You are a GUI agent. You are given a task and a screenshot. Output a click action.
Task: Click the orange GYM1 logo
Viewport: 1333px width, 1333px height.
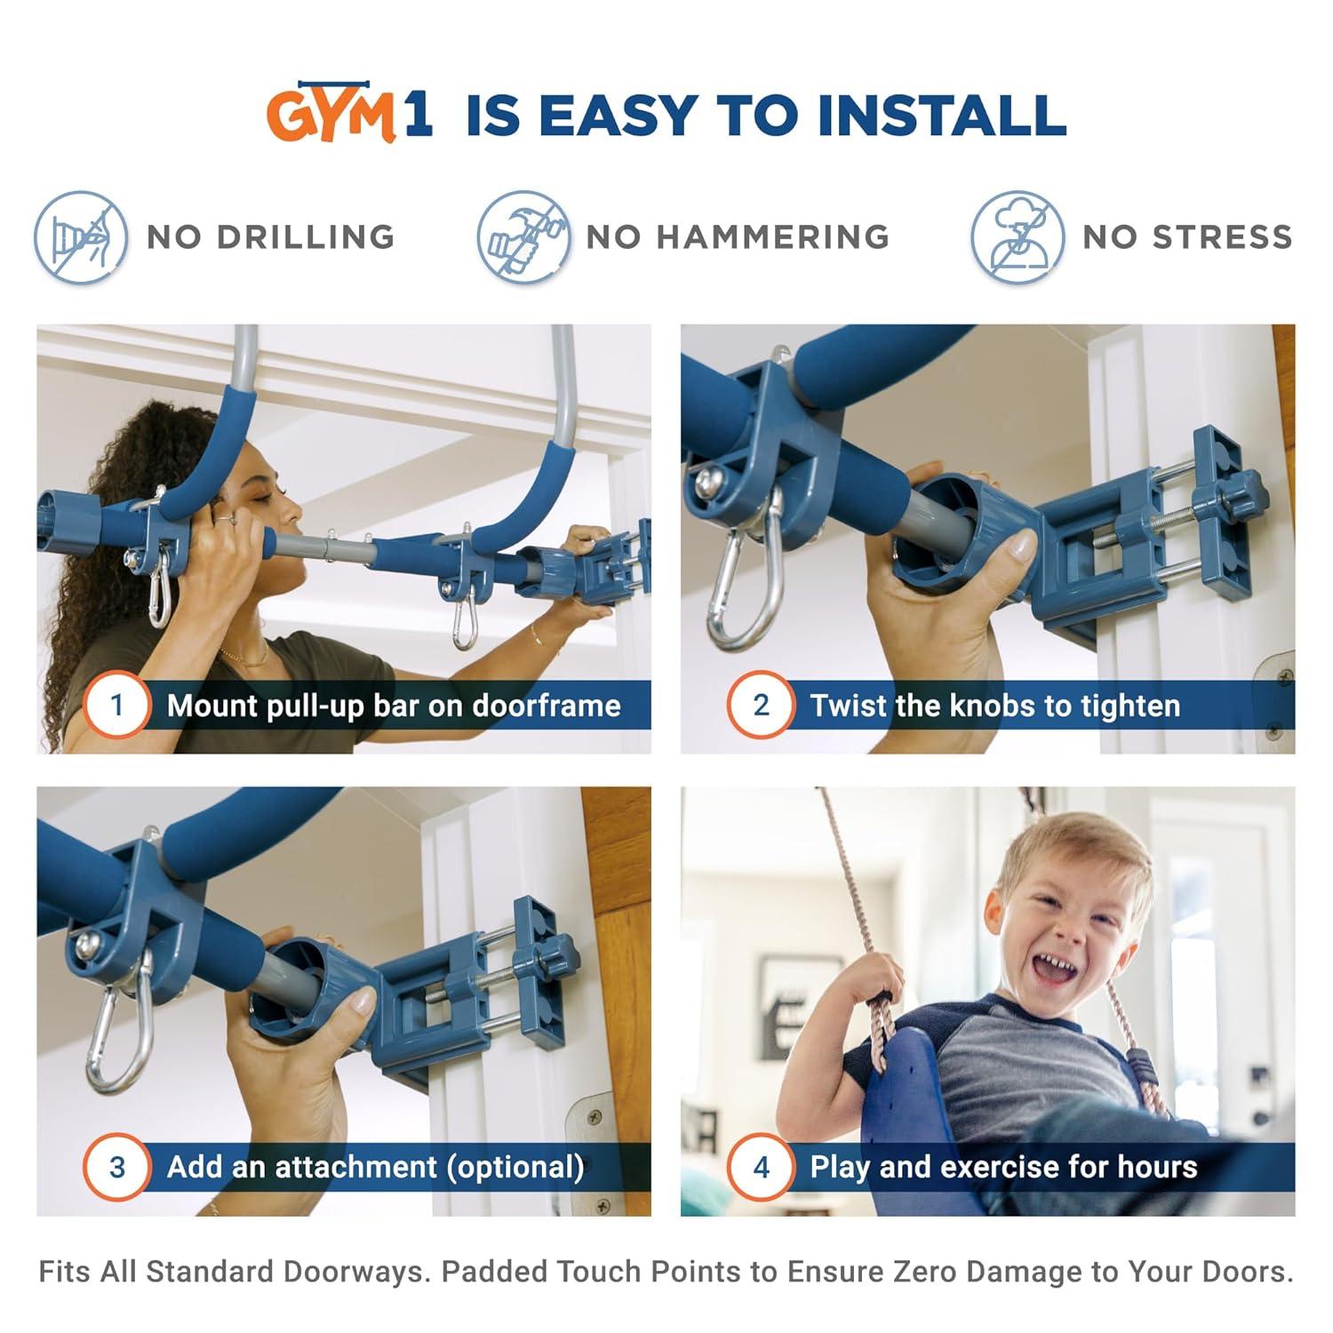349,116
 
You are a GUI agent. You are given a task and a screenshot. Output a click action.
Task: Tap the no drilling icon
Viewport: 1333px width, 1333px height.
80,237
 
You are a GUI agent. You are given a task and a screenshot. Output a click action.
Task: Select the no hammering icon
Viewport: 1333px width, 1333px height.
523,237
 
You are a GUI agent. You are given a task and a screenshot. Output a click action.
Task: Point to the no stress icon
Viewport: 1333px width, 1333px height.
1017,237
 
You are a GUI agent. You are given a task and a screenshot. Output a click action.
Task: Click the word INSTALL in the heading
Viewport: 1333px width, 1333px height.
942,116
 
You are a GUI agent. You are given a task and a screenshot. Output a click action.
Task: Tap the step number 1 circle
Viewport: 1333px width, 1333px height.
116,706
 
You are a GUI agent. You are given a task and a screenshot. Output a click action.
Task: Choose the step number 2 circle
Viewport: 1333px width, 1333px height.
761,706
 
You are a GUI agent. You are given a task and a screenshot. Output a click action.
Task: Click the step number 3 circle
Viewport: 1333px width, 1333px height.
116,1167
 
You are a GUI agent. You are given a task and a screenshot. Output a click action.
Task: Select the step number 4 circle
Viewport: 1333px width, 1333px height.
761,1167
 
